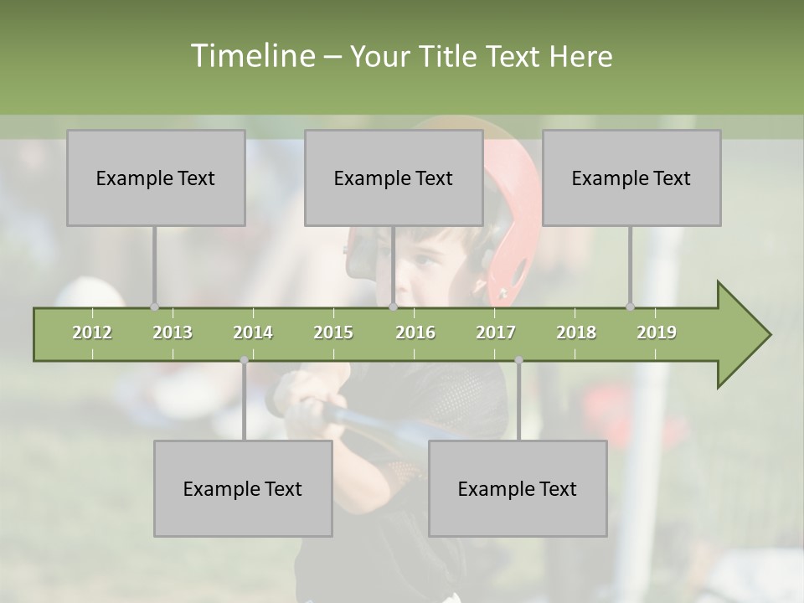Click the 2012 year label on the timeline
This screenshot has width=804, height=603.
(x=92, y=332)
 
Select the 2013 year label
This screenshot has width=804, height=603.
(x=173, y=332)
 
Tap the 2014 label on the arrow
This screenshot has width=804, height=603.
(x=253, y=332)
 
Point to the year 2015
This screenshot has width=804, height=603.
(x=333, y=332)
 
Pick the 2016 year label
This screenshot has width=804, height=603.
(x=415, y=332)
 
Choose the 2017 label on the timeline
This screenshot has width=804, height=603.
(x=496, y=332)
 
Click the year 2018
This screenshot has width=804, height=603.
(x=576, y=332)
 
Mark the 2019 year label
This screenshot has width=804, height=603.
(x=657, y=332)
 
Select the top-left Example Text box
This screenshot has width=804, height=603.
(x=156, y=178)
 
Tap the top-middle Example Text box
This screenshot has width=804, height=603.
(x=394, y=178)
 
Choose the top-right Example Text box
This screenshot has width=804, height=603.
(x=631, y=178)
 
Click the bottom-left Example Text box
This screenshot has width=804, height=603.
(x=243, y=488)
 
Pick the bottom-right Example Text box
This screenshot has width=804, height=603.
(x=518, y=488)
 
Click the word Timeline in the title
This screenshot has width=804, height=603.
(x=252, y=56)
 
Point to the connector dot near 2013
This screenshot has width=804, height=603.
(x=154, y=307)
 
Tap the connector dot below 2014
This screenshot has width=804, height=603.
(x=244, y=360)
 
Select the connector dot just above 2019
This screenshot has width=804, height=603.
(x=631, y=307)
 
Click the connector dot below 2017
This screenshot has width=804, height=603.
(x=518, y=360)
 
